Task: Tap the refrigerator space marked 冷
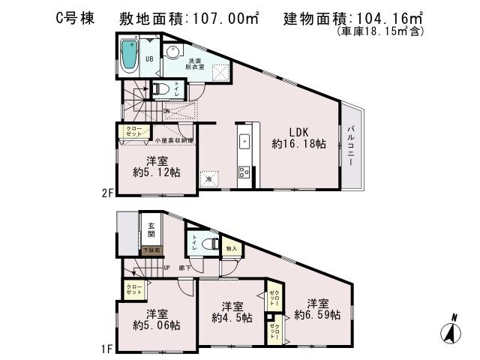210,178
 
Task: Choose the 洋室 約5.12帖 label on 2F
157,166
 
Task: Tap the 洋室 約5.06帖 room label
156,319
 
